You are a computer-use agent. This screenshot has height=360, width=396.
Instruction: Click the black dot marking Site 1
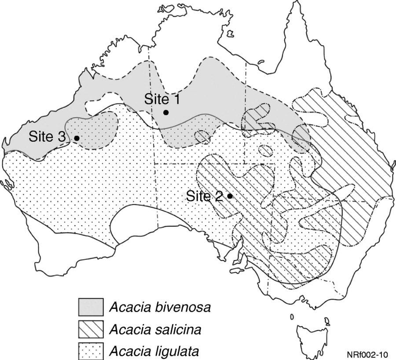pyautogui.click(x=166, y=112)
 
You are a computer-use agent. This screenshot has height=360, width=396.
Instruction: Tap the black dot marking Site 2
pyautogui.click(x=230, y=196)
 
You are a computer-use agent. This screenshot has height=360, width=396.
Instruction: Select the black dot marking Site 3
pyautogui.click(x=77, y=138)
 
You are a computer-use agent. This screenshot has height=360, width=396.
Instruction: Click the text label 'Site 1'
pyautogui.click(x=161, y=99)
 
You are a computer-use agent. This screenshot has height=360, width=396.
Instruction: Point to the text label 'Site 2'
pyautogui.click(x=204, y=196)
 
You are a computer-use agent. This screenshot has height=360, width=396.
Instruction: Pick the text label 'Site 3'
pyautogui.click(x=47, y=136)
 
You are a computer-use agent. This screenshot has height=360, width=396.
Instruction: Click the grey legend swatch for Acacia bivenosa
pyautogui.click(x=91, y=307)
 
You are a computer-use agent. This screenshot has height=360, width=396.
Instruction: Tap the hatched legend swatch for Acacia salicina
pyautogui.click(x=91, y=329)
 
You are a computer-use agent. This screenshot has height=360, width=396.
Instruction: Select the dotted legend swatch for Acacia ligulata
pyautogui.click(x=91, y=350)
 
